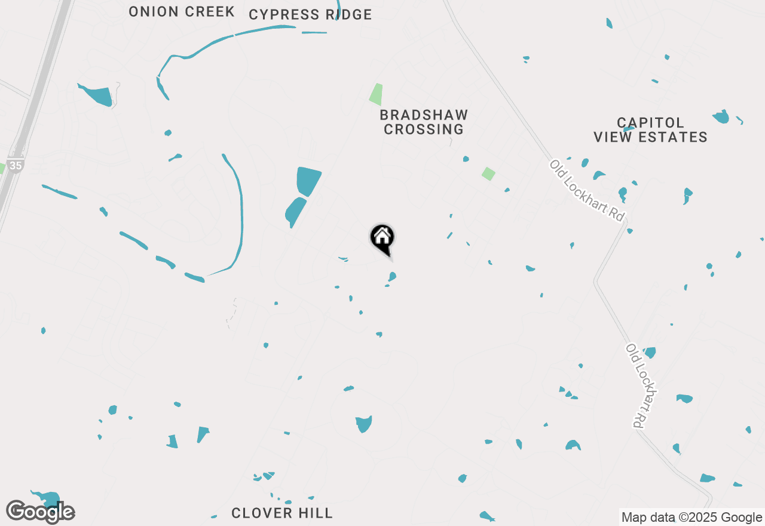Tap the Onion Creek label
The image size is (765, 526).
[x=182, y=11]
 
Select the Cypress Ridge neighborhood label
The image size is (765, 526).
[x=310, y=14]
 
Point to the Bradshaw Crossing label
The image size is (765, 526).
[x=424, y=122]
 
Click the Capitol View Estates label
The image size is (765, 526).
[x=650, y=130]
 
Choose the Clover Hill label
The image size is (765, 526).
[x=281, y=513]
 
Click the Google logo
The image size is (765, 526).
[x=41, y=512]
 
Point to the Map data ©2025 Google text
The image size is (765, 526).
[x=691, y=518]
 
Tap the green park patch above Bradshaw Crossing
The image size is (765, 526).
[x=376, y=94]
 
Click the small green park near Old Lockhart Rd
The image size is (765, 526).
[x=489, y=174]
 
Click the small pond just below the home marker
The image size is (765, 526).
[x=392, y=276]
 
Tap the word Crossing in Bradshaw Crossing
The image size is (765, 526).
[x=424, y=129]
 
